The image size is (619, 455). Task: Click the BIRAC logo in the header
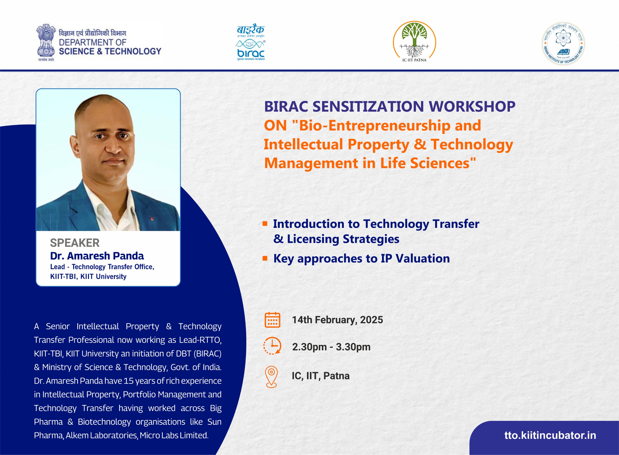251,42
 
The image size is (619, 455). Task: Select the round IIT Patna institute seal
563,43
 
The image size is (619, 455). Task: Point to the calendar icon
272,320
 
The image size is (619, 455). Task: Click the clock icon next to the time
272,345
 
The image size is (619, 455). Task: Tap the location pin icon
271,377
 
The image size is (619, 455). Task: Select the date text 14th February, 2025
337,320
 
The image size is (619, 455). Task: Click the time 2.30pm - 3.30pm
331,347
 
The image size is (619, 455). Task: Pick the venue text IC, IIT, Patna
321,376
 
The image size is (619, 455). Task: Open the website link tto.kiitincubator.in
550,435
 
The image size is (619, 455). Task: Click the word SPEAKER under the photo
75,243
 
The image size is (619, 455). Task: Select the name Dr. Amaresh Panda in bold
97,256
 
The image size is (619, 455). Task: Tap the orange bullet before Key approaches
265,258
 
